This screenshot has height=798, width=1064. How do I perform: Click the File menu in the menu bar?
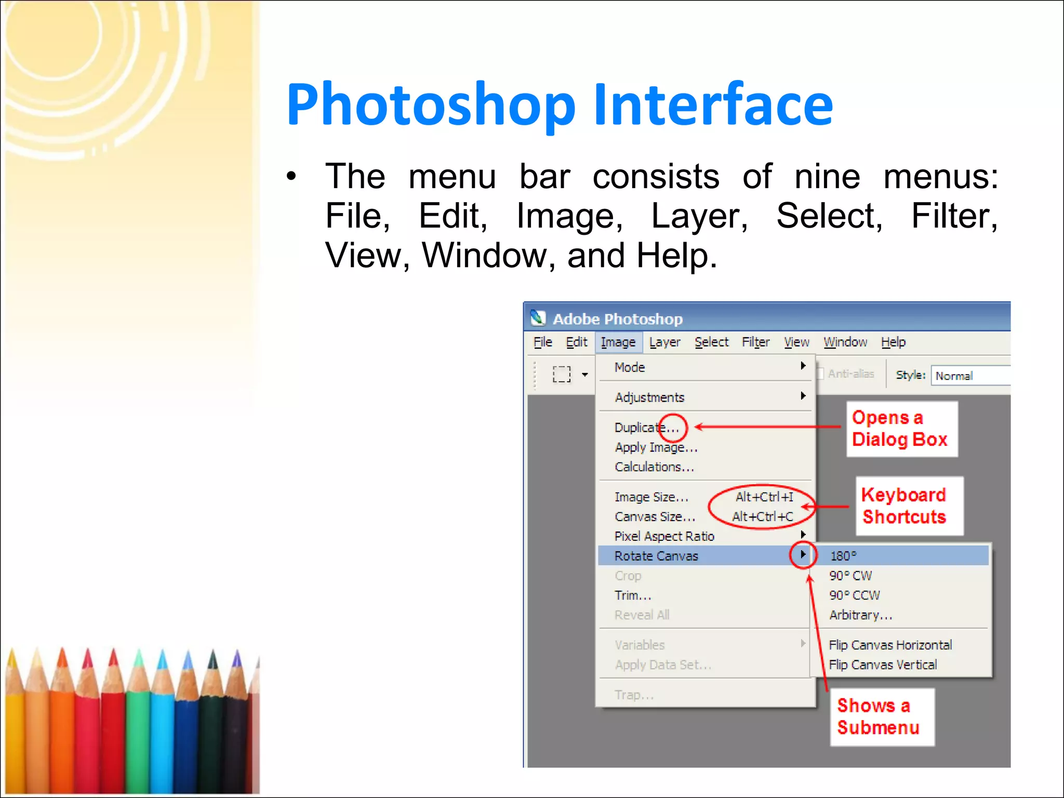[x=542, y=342]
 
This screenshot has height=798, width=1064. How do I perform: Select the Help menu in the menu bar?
[x=893, y=342]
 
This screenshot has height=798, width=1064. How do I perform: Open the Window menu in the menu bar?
[x=845, y=342]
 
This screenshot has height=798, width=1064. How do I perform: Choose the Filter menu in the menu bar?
[x=755, y=342]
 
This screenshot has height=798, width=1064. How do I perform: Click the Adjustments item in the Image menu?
[x=649, y=397]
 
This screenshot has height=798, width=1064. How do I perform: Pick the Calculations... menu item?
[x=654, y=467]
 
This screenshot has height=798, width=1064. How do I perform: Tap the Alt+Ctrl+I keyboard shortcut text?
[x=764, y=497]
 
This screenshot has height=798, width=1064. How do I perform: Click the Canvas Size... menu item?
[x=655, y=517]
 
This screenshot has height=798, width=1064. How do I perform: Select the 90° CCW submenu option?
[x=855, y=595]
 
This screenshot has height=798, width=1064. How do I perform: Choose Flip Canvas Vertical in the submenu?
[x=883, y=665]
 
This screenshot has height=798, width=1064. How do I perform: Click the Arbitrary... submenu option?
[x=860, y=615]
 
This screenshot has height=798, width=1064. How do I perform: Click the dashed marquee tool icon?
[x=562, y=374]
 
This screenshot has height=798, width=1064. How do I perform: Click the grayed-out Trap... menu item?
[x=634, y=695]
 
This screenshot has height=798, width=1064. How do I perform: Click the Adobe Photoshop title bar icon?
[x=538, y=318]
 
